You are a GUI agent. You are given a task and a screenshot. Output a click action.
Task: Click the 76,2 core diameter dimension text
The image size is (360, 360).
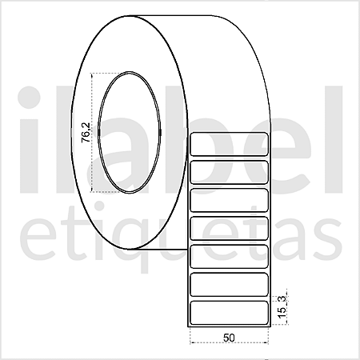(x=86, y=133)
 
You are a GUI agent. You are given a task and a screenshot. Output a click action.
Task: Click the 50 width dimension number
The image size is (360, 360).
(x=229, y=338)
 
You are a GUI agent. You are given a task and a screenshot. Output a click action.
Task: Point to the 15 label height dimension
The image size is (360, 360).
(x=282, y=312)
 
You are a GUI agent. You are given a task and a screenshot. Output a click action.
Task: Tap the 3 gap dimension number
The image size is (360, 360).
(x=282, y=299)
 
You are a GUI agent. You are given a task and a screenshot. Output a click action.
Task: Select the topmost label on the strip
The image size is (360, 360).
(x=229, y=144)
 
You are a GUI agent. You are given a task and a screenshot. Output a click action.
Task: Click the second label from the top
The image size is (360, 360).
(x=229, y=172)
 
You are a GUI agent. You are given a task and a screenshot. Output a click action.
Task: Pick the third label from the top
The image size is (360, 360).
(x=229, y=200)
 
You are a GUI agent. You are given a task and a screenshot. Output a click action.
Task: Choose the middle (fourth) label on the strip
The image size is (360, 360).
(x=229, y=229)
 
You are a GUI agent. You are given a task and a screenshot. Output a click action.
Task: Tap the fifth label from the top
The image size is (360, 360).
(x=229, y=257)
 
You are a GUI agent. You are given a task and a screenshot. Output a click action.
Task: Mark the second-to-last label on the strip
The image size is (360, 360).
(x=229, y=285)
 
